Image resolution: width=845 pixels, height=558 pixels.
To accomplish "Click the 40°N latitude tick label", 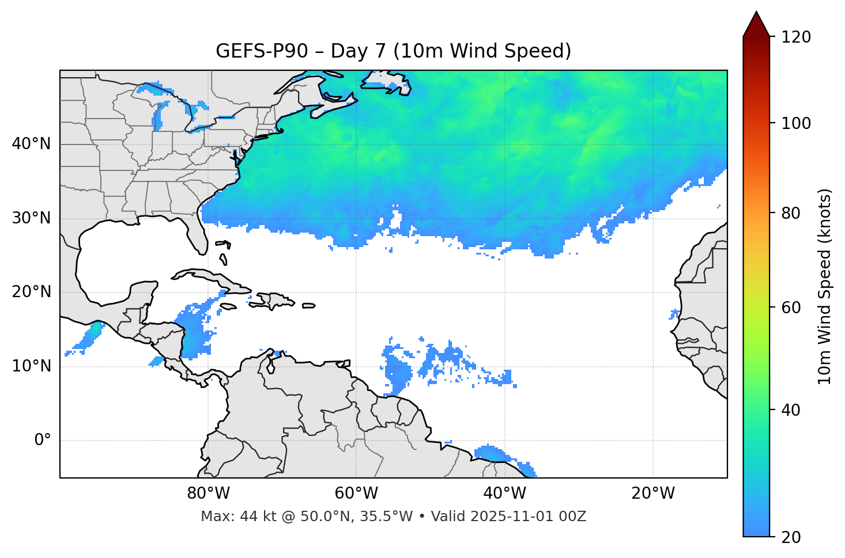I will pyautogui.click(x=31, y=144).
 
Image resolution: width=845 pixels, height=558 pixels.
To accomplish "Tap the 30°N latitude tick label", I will pyautogui.click(x=31, y=218).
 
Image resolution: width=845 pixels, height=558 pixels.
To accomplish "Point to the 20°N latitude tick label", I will pyautogui.click(x=31, y=292).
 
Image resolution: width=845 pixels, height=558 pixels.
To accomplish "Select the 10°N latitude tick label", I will pyautogui.click(x=31, y=366).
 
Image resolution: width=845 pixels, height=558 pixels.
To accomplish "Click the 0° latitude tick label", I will pyautogui.click(x=42, y=441).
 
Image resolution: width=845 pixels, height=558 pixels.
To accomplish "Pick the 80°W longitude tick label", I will pyautogui.click(x=208, y=494).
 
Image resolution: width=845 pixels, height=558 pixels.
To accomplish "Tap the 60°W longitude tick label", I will pyautogui.click(x=356, y=494).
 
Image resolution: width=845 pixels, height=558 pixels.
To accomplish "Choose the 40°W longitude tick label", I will pyautogui.click(x=504, y=494).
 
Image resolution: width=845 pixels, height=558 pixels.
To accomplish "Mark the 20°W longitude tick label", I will pyautogui.click(x=652, y=494).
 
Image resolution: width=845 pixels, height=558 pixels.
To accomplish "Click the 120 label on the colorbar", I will pyautogui.click(x=795, y=37).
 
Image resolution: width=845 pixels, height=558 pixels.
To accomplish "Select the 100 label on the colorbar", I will pyautogui.click(x=795, y=123).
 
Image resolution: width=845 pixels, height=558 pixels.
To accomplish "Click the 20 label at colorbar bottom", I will pyautogui.click(x=791, y=537).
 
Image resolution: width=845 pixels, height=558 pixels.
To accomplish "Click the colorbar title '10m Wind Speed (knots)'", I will pyautogui.click(x=825, y=286).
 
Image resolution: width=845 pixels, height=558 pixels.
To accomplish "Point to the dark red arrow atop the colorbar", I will pyautogui.click(x=756, y=25).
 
